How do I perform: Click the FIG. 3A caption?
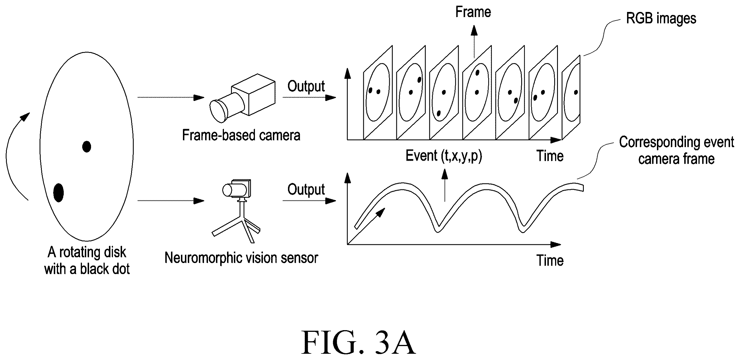point(358,343)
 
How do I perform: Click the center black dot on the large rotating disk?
point(86,147)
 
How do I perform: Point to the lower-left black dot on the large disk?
point(59,192)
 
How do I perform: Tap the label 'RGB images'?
point(661,18)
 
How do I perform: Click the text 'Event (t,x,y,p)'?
point(444,156)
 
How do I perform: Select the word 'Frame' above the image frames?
point(473,12)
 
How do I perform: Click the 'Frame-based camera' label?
point(241,135)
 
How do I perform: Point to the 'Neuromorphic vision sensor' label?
point(241,258)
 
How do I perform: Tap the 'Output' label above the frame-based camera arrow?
point(306,86)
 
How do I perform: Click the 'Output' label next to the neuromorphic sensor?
point(306,189)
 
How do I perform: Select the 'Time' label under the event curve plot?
point(550,261)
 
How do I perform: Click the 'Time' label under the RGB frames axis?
point(550,156)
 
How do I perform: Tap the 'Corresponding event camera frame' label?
point(676,150)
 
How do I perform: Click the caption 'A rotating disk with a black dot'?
point(87,261)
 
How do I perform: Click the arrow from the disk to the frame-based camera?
point(171,98)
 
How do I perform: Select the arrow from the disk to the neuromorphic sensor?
point(171,201)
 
